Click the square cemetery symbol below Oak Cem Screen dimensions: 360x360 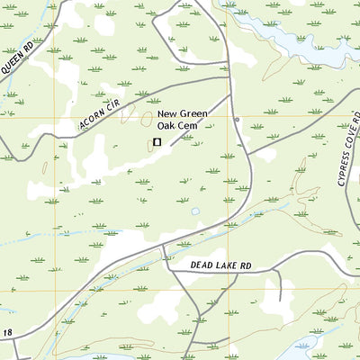pos(157,141)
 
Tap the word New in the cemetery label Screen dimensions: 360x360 pos(168,114)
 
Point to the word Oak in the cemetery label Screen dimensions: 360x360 pos(168,127)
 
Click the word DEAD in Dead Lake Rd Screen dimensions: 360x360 pos(204,265)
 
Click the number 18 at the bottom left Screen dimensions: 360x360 pos(7,334)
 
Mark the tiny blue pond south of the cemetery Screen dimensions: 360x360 pos(195,212)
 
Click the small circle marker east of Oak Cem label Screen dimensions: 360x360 pos(237,119)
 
